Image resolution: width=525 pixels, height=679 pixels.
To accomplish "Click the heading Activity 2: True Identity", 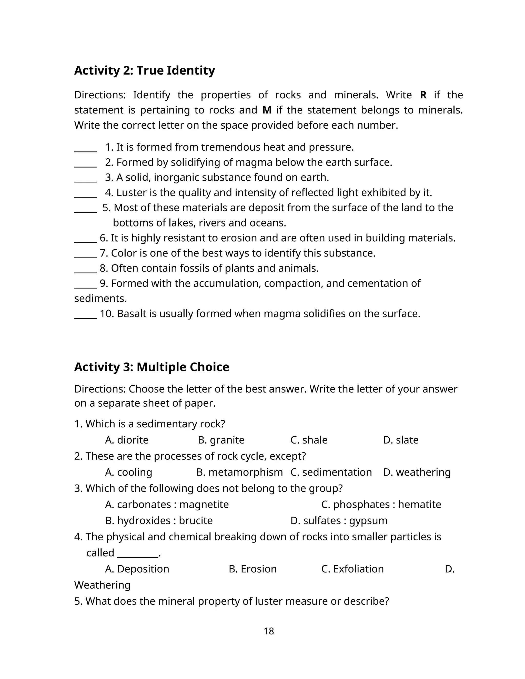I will click(x=144, y=70).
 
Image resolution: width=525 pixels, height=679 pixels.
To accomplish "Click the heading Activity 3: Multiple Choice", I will click(x=152, y=367).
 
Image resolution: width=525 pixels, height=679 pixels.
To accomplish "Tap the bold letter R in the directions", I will click(x=423, y=95).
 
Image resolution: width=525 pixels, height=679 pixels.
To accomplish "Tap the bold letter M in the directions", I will click(x=267, y=110).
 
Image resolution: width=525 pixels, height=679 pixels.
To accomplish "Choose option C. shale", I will click(x=309, y=440).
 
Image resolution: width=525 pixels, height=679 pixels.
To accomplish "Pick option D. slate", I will click(x=401, y=440).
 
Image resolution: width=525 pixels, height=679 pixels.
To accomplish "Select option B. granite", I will click(x=221, y=440).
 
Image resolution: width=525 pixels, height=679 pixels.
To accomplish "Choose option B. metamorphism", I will click(x=239, y=472).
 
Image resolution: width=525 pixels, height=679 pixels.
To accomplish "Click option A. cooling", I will click(x=128, y=472).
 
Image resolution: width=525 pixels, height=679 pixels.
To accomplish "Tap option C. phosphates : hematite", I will click(x=381, y=505).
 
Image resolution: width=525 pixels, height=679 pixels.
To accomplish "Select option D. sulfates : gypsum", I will click(x=339, y=521).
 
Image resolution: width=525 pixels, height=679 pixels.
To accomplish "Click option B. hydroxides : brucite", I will click(x=159, y=521).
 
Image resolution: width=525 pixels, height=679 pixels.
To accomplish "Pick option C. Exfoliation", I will click(x=352, y=569).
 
